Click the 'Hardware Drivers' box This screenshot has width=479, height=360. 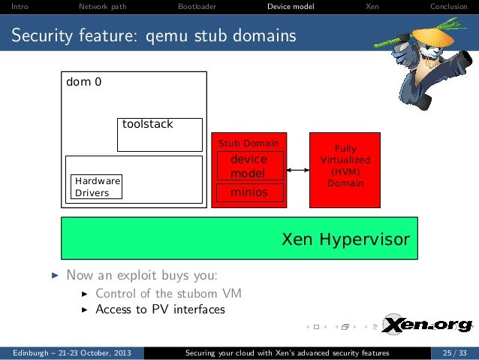[x=96, y=187]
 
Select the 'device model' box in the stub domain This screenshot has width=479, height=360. [x=249, y=166]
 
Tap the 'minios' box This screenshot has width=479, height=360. [x=249, y=192]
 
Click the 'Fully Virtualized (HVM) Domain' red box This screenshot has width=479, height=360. [x=345, y=170]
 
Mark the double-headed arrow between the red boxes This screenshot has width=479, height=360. [x=298, y=171]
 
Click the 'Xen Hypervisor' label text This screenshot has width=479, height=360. [x=345, y=240]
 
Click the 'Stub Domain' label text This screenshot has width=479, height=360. [x=249, y=144]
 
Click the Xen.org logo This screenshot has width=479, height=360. [x=427, y=325]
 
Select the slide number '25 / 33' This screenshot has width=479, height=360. [x=453, y=352]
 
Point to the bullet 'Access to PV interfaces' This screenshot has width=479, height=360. [x=160, y=309]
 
